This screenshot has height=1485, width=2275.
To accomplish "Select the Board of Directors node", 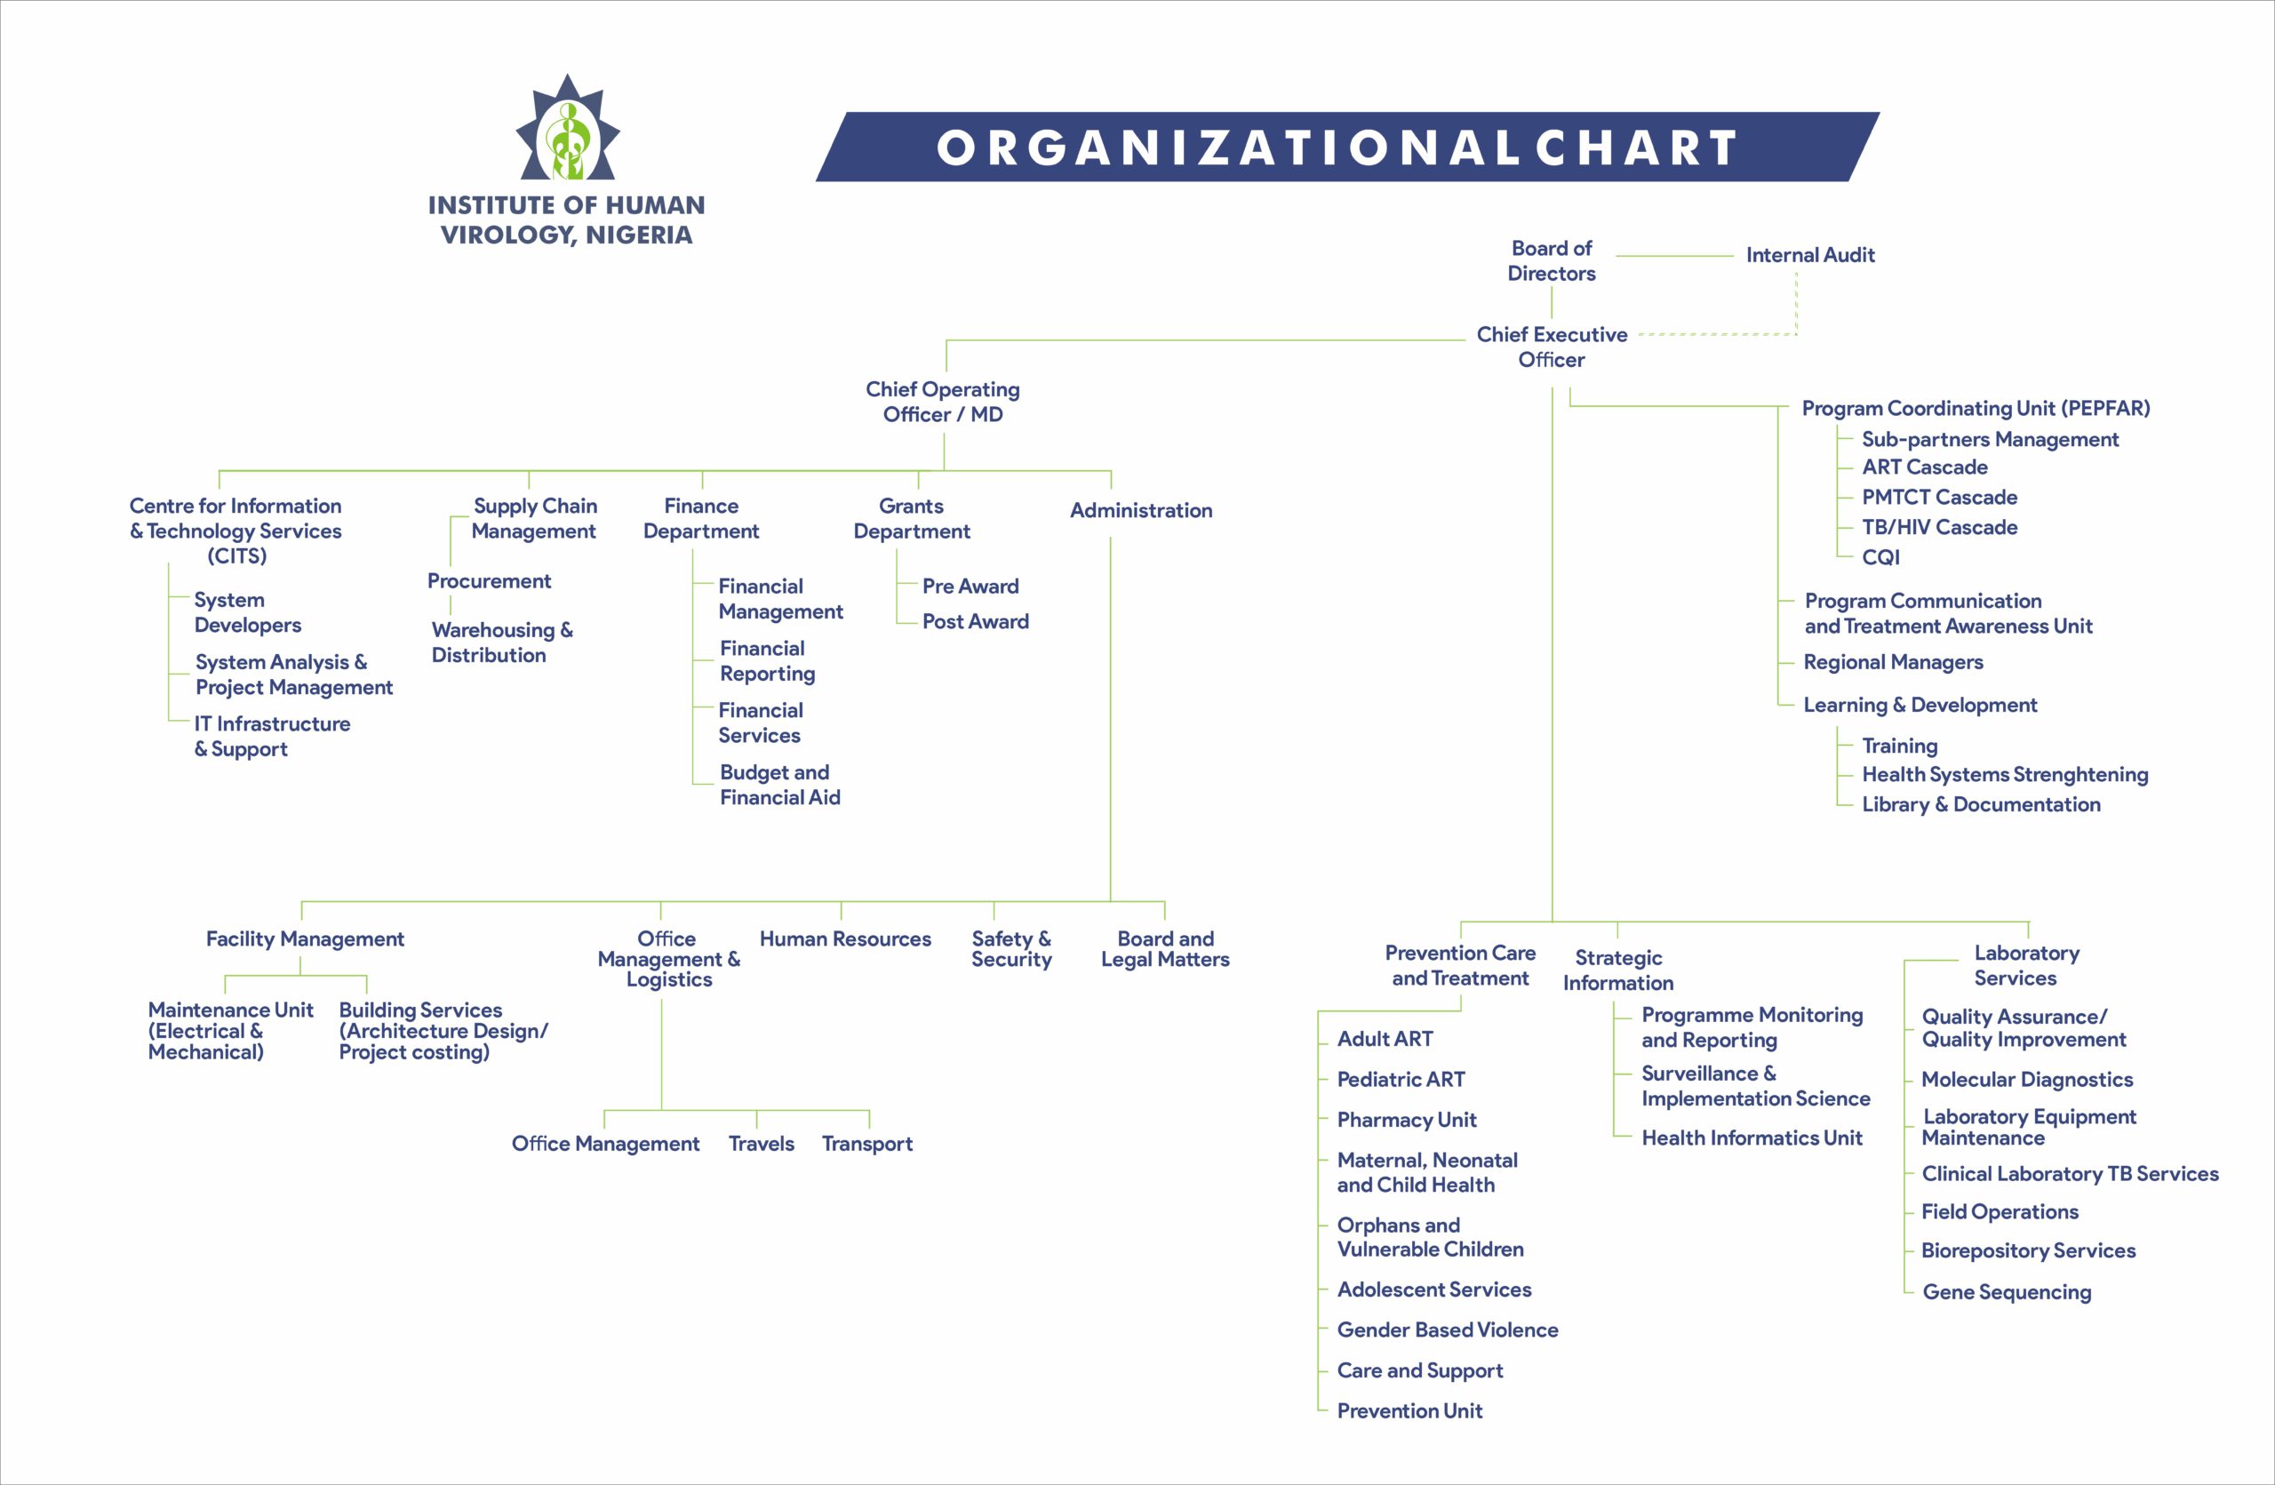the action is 1552,261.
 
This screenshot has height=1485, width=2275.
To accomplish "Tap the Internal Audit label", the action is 1810,255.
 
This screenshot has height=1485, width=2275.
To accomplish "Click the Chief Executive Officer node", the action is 1552,347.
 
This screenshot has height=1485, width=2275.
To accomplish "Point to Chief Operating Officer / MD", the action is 943,402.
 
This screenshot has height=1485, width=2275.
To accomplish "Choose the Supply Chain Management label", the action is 534,518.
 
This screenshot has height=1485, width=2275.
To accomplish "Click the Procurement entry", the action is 489,581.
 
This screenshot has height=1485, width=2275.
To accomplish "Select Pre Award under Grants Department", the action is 970,586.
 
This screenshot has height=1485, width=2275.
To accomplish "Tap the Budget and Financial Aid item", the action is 780,785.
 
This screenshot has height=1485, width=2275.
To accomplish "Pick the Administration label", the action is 1141,510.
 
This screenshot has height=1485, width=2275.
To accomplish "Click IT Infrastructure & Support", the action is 273,736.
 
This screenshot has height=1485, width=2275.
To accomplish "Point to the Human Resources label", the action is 845,938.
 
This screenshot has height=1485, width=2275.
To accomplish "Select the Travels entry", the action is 761,1143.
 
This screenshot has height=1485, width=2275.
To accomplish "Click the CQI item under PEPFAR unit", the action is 1881,557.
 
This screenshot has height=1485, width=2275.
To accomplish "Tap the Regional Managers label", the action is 1893,662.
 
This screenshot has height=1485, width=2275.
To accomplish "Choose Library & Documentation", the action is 1981,804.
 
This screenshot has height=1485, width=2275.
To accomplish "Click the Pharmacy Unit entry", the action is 1406,1119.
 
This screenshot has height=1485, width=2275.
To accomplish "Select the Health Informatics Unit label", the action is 1752,1138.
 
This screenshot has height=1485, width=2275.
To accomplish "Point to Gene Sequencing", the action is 2007,1292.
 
